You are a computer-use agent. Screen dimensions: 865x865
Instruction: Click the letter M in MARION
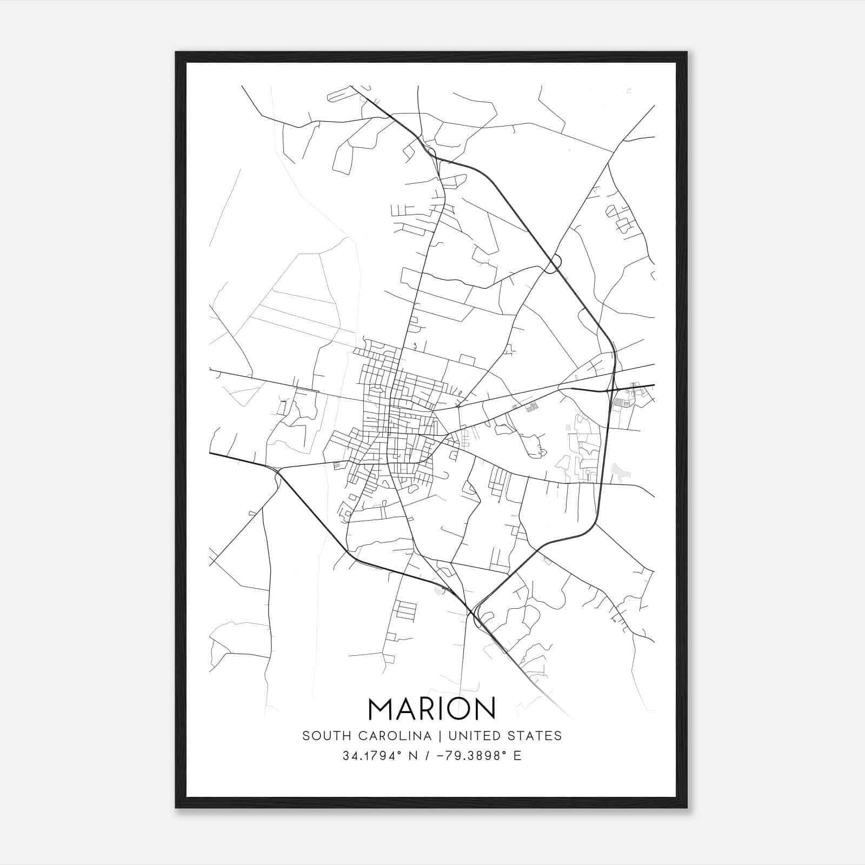tap(382, 708)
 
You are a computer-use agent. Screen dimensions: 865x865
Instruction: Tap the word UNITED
tap(468, 736)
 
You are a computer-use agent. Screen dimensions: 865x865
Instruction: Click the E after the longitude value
tap(517, 756)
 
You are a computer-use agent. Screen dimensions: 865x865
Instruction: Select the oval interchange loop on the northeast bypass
tap(554, 263)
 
